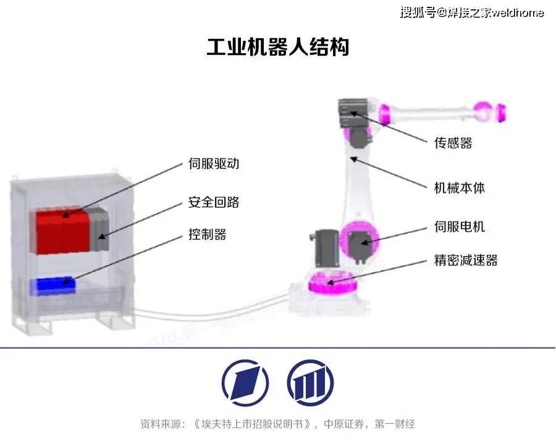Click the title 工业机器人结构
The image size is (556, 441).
277,46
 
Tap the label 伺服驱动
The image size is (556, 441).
214,164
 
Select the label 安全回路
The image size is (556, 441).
214,202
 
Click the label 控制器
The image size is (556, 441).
207,234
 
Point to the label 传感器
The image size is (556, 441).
453,143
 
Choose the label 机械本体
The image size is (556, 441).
459,187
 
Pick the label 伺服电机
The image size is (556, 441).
459,226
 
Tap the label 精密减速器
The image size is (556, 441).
466,260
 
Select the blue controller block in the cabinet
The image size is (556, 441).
53,286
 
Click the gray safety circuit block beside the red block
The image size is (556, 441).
98,229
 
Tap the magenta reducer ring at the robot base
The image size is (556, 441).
332,283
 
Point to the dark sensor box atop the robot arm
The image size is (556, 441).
353,113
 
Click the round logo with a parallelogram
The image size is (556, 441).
245,383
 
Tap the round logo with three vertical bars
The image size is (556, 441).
311,383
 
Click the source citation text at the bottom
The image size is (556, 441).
277,424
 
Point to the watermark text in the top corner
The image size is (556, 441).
472,13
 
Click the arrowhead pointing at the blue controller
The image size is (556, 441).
66,281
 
